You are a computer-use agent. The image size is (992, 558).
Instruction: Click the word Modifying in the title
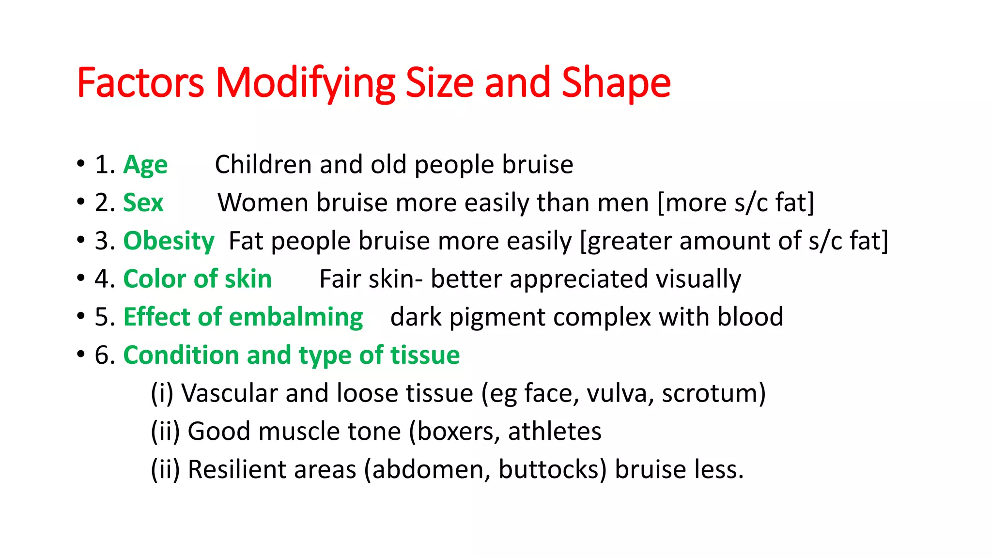point(305,83)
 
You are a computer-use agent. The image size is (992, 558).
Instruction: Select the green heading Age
point(145,165)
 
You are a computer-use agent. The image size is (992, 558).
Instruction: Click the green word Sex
point(143,202)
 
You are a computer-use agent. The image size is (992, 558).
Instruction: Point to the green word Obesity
point(169,241)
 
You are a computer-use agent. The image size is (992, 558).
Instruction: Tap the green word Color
point(155,279)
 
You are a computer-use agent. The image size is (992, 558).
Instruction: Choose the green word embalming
point(295,317)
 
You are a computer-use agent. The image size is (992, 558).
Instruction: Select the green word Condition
point(181,355)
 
